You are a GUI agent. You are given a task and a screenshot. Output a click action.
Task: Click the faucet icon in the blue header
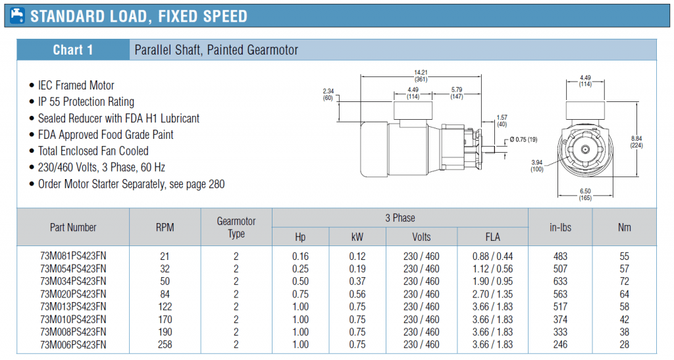coord(17,15)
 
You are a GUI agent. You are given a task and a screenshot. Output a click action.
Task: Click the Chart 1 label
coord(72,50)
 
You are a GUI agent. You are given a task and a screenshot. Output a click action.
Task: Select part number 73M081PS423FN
coord(73,256)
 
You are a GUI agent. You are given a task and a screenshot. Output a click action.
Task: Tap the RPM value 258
coord(165,345)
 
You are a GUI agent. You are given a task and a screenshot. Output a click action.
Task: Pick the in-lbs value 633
coord(560,282)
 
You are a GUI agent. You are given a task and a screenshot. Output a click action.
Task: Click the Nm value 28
coord(624,345)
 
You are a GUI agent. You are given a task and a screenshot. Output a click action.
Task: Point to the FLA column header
coord(492,237)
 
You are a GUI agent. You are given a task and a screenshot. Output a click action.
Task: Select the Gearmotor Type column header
coord(236,227)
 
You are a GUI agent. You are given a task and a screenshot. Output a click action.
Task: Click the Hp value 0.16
coord(300,256)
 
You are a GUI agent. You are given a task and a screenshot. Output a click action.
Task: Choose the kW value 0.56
coord(357,294)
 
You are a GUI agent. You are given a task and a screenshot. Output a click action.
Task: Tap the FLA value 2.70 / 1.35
coord(492,294)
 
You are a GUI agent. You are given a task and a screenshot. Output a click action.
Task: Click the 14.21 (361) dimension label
coord(421,76)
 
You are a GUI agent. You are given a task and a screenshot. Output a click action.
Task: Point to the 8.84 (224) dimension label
coord(636,141)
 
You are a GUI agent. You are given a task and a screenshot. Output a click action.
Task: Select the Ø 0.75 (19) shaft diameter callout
coord(523,140)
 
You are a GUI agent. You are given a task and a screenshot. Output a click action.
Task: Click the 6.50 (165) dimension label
coord(585,195)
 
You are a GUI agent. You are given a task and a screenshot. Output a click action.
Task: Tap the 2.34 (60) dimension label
coord(328,95)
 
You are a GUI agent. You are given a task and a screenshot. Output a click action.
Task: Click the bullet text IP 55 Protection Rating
coord(86,102)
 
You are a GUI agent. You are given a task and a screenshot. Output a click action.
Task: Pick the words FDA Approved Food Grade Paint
coord(105,134)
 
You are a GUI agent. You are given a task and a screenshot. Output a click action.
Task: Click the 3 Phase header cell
coord(400,218)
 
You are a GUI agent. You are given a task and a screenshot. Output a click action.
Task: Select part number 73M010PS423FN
coord(73,319)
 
